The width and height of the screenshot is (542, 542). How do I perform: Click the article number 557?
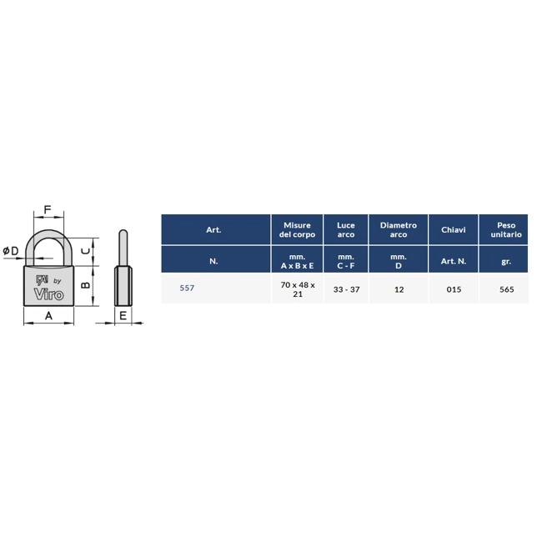pyautogui.click(x=187, y=288)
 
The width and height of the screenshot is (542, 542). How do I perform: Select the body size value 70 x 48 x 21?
pyautogui.click(x=298, y=289)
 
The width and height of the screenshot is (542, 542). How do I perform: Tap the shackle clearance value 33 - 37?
pyautogui.click(x=346, y=289)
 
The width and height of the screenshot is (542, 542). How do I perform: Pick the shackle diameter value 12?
pyautogui.click(x=399, y=289)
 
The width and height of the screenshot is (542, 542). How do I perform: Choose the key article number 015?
pyautogui.click(x=454, y=289)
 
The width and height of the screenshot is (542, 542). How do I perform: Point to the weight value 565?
pyautogui.click(x=506, y=289)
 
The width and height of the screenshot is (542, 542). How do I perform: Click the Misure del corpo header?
pyautogui.click(x=298, y=230)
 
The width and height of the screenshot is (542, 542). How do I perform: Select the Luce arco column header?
pyautogui.click(x=346, y=230)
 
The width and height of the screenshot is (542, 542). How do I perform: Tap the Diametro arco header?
pyautogui.click(x=399, y=230)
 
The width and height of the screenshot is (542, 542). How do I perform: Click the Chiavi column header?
pyautogui.click(x=454, y=230)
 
